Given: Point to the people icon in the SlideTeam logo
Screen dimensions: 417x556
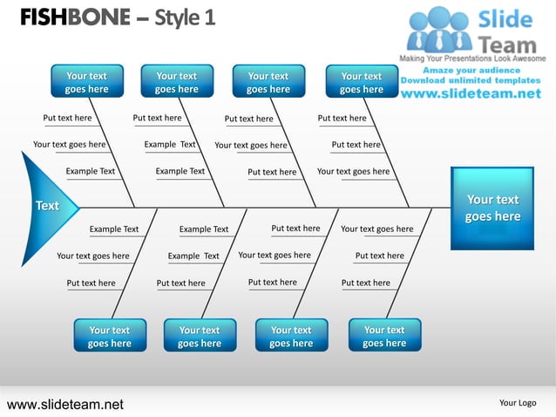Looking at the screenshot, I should pyautogui.click(x=440, y=29).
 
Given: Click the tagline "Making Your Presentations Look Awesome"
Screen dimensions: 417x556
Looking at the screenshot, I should pyautogui.click(x=472, y=58).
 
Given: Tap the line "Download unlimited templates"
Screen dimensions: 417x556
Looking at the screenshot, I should pyautogui.click(x=474, y=81).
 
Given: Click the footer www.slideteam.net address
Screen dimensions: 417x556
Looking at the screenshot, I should pyautogui.click(x=65, y=404).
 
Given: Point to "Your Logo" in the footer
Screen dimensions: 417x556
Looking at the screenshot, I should pyautogui.click(x=518, y=403).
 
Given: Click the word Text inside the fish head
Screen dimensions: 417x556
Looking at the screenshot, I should pyautogui.click(x=47, y=206).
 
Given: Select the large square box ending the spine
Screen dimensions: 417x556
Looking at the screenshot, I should pyautogui.click(x=492, y=208).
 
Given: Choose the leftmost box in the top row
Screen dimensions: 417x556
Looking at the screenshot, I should pyautogui.click(x=86, y=82).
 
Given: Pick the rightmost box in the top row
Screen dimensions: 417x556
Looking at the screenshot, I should pyautogui.click(x=361, y=82).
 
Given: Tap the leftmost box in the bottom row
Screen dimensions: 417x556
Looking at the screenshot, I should pyautogui.click(x=109, y=337).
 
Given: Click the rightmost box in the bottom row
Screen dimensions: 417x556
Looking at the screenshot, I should pyautogui.click(x=384, y=337).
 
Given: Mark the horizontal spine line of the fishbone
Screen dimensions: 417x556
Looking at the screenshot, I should pyautogui.click(x=261, y=208).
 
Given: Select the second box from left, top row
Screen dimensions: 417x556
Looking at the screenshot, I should pyautogui.click(x=177, y=82).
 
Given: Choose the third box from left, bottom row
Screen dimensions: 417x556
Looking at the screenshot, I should pyautogui.click(x=291, y=337).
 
